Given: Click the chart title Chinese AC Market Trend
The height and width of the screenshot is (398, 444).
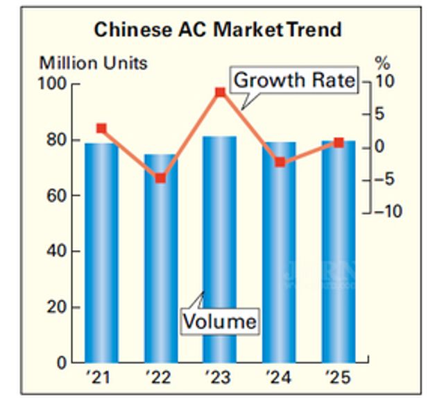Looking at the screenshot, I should pyautogui.click(x=217, y=30).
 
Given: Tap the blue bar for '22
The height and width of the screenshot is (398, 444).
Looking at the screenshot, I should pyautogui.click(x=160, y=258).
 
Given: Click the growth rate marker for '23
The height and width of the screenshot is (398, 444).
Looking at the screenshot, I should pyautogui.click(x=220, y=92).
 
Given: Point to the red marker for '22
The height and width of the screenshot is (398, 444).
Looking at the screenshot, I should pyautogui.click(x=160, y=179).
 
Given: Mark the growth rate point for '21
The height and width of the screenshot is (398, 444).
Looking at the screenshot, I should pyautogui.click(x=101, y=128).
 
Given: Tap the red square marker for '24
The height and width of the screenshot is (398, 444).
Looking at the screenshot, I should pyautogui.click(x=280, y=162).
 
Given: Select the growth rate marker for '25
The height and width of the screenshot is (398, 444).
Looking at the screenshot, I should pyautogui.click(x=339, y=142).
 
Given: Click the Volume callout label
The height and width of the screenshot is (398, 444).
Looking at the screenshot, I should pyautogui.click(x=219, y=322).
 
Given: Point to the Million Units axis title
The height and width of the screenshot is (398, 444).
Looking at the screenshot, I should pyautogui.click(x=93, y=63).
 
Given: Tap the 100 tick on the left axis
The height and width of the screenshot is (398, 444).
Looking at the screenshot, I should pyautogui.click(x=55, y=84).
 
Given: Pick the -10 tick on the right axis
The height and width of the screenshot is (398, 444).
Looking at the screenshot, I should pyautogui.click(x=388, y=211).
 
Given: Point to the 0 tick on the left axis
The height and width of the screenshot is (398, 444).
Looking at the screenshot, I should pyautogui.click(x=62, y=363).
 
